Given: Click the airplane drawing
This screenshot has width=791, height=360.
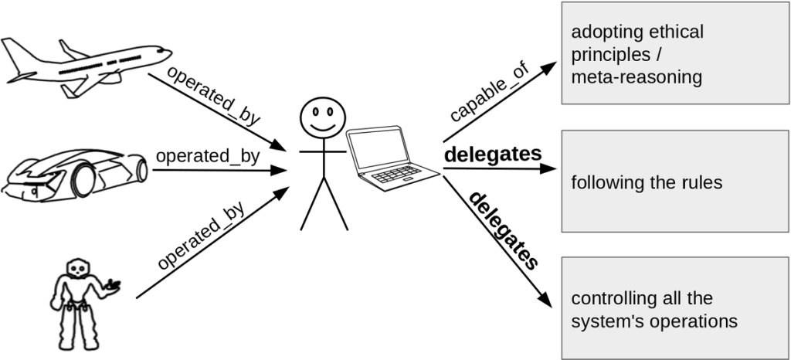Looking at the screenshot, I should pyautogui.click(x=85, y=65).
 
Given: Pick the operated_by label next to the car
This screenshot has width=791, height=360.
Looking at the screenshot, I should pyautogui.click(x=208, y=155).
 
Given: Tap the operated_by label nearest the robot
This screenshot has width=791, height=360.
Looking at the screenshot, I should pyautogui.click(x=202, y=235).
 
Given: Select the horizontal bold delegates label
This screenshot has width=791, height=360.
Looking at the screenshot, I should pyautogui.click(x=493, y=155).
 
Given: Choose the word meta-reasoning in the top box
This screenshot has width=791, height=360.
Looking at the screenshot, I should pyautogui.click(x=637, y=77).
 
